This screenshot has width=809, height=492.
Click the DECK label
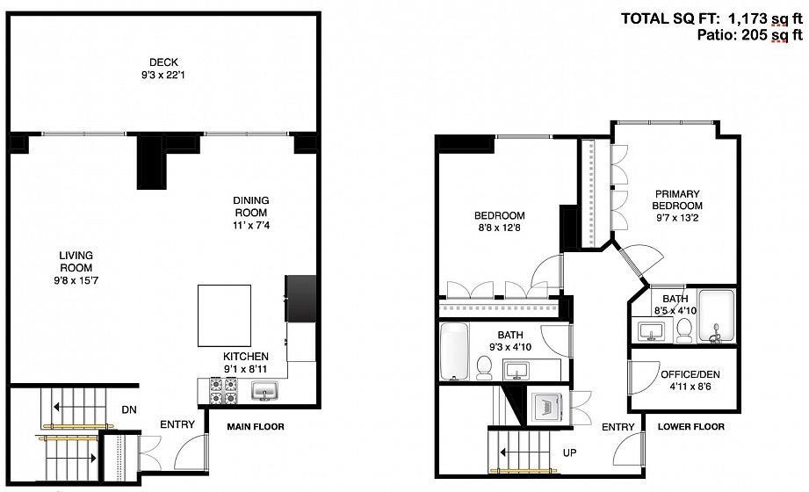coord(164,62)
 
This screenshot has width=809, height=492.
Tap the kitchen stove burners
coord(223,391)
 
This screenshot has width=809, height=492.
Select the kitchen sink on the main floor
coord(264,391)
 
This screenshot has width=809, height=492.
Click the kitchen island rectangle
coord(225,315)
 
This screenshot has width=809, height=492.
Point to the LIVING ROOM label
coord(76,261)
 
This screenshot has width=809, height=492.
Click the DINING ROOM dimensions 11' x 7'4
coord(250,225)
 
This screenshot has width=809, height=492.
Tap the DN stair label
coord(129,409)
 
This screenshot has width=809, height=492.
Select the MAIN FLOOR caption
coord(256,426)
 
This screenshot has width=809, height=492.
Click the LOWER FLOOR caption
coord(690,426)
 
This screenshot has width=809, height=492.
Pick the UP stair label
coord(569,452)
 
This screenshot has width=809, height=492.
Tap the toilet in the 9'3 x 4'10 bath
coord(484,367)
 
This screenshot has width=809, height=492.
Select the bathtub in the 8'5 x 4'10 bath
coord(716,316)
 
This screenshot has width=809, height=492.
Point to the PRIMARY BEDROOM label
coord(677,199)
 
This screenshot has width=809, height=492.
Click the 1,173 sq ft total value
coord(765,19)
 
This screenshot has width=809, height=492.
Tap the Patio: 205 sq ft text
coord(749,35)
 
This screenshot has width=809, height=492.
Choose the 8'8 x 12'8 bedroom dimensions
coord(499,228)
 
